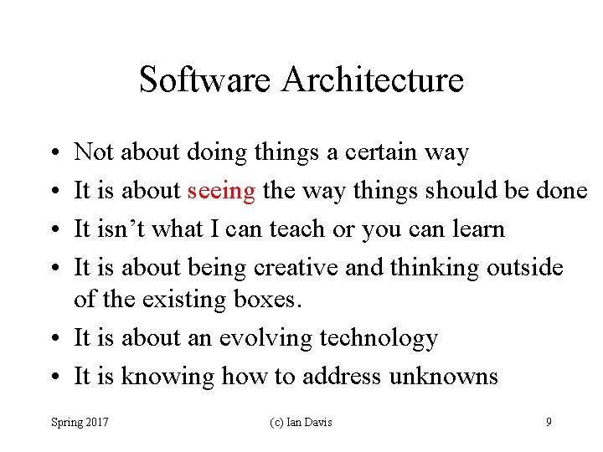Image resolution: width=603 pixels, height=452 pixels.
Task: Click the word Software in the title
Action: (206, 80)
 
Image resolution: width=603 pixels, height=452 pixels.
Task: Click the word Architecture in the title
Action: (373, 80)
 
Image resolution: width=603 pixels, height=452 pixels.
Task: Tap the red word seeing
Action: (221, 191)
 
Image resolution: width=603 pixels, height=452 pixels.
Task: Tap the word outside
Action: (524, 268)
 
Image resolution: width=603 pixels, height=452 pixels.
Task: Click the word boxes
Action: (267, 299)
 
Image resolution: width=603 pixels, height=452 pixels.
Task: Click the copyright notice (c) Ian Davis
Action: (301, 422)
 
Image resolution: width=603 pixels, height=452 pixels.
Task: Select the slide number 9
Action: (549, 422)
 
